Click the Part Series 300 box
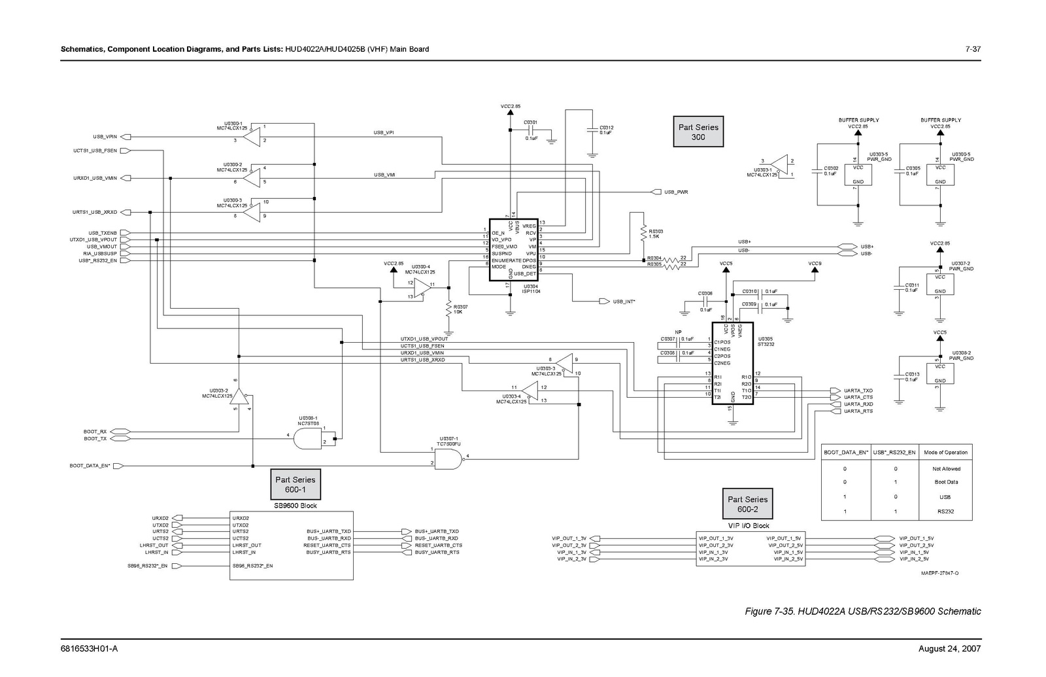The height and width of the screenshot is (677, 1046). tap(698, 132)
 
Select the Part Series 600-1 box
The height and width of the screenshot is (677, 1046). tap(295, 484)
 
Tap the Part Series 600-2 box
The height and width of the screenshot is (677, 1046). tap(747, 504)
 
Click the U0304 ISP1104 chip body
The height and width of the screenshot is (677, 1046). tap(513, 250)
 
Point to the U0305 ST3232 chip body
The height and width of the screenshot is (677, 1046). tap(732, 363)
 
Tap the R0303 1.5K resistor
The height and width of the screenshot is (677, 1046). tap(644, 234)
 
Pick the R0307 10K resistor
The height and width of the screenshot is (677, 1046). tap(448, 308)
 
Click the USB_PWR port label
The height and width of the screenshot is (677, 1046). tap(676, 192)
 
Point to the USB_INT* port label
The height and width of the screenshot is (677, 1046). tap(624, 302)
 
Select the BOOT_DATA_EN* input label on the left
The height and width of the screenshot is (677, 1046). tap(90, 466)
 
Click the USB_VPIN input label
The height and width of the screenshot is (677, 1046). tap(105, 137)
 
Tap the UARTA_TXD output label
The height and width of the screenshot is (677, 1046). tap(858, 391)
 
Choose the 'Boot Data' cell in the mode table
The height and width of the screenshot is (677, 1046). tap(946, 482)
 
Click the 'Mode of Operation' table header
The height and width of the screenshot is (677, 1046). tap(945, 453)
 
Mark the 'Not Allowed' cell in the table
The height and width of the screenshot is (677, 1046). tap(946, 469)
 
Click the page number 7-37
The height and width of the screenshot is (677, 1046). tap(973, 49)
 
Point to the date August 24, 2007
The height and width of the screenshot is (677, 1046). tap(949, 648)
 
